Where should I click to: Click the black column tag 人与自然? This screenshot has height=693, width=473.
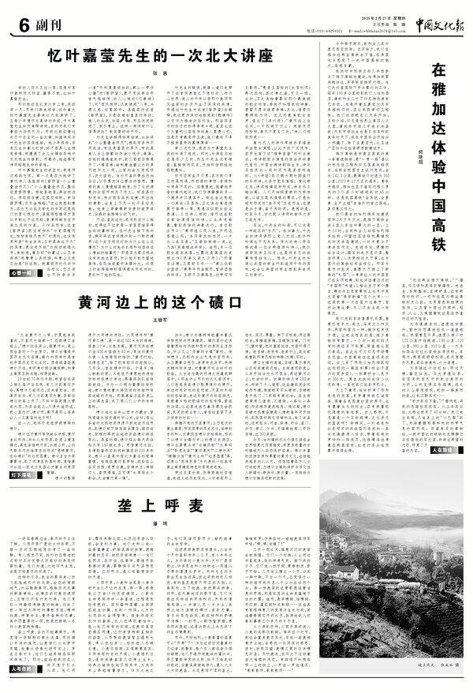[x=23, y=668]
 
